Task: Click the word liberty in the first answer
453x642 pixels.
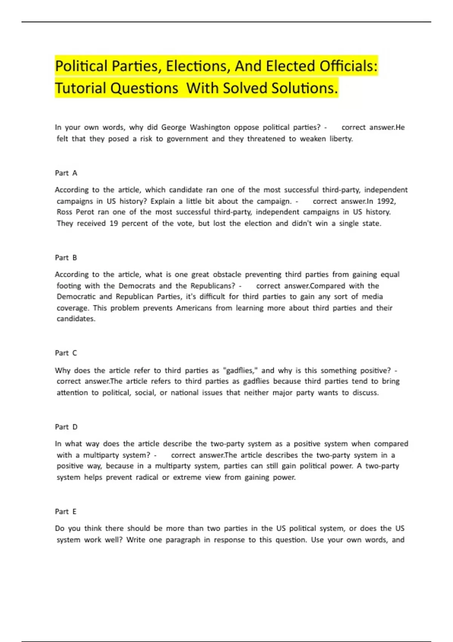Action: pos(341,139)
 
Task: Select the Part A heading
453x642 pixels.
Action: pos(66,173)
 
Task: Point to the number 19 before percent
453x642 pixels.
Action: pos(114,223)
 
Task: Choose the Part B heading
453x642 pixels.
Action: pos(66,258)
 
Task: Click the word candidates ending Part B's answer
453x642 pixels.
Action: pos(75,319)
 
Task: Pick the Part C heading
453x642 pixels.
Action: pos(66,353)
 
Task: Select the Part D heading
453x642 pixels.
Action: pos(66,427)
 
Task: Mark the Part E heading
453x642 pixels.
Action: pos(66,511)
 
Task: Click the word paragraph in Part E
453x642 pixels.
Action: pos(183,540)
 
